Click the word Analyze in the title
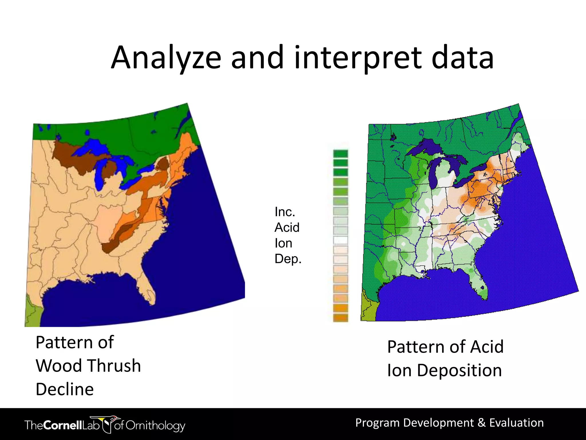pos(166,58)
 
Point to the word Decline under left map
pos(65,389)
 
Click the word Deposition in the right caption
pos(459,370)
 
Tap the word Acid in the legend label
pos(287,227)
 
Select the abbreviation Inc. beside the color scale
pos(285,212)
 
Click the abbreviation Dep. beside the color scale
pos(288,259)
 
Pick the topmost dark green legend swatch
pos(340,154)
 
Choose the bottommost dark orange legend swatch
pos(340,317)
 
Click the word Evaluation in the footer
pos(516,423)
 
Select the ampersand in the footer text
pos(482,423)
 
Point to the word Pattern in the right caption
pos(416,347)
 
